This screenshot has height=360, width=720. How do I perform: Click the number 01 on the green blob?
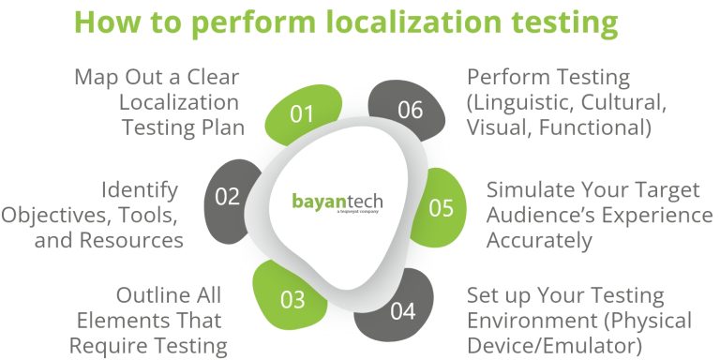[302, 114]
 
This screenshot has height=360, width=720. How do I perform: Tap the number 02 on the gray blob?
[227, 197]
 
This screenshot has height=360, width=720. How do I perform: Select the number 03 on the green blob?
[292, 301]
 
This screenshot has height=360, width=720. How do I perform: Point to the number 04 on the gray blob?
[401, 310]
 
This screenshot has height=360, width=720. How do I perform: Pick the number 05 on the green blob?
[442, 207]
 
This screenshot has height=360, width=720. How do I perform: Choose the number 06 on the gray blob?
[410, 111]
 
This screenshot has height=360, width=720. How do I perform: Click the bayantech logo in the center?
[337, 203]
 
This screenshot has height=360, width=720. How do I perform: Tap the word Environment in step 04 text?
[526, 322]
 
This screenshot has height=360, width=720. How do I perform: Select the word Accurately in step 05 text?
[538, 240]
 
